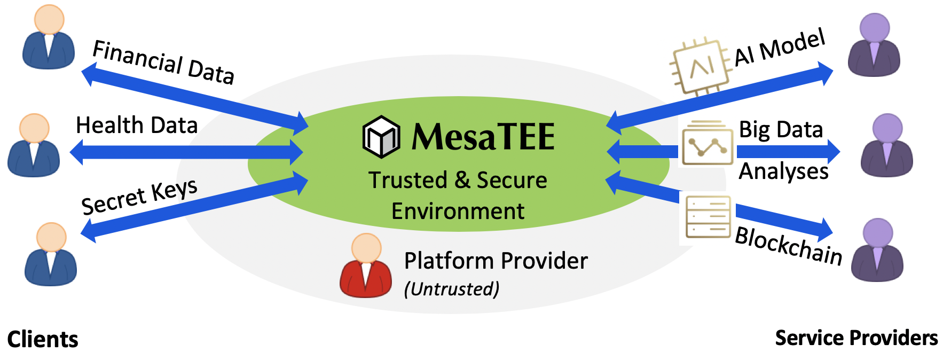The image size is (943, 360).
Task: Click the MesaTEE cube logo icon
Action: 381,137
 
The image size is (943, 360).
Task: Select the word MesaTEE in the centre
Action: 483,137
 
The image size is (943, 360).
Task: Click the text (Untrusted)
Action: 452,289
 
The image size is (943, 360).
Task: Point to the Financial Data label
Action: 163,62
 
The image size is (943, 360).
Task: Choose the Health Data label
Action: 137,126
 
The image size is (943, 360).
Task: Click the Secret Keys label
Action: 139,197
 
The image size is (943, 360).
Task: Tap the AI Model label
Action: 780,48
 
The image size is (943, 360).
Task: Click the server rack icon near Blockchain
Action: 708,217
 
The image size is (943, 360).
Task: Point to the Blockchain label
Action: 789,245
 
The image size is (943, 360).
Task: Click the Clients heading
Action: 43,340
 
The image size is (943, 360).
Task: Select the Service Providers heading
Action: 856,338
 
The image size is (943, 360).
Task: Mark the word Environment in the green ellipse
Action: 458,212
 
